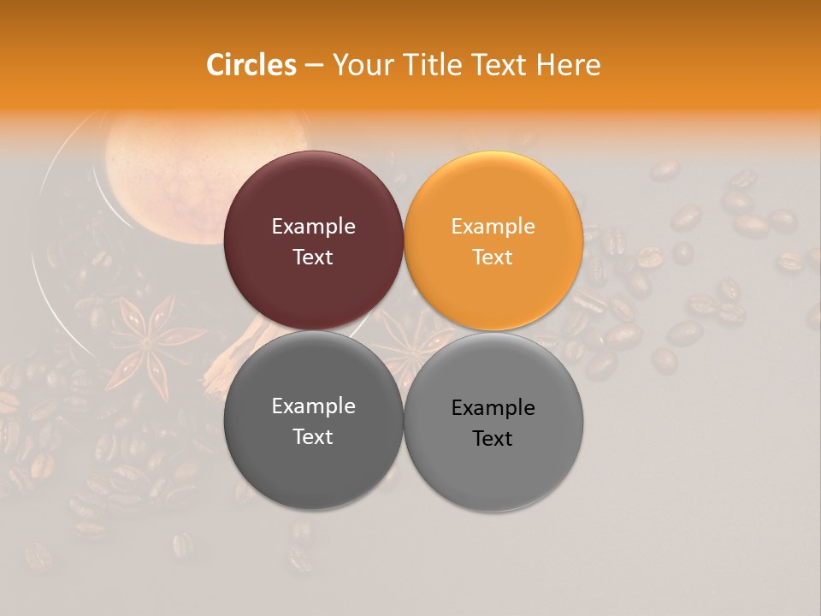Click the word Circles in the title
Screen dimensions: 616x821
click(x=251, y=65)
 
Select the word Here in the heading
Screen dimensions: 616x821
click(x=570, y=65)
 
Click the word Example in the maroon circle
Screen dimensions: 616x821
click(x=313, y=227)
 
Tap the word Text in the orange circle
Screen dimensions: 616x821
click(x=493, y=258)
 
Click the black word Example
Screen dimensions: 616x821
click(x=493, y=408)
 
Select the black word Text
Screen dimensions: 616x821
click(x=493, y=439)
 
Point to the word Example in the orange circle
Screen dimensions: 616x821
click(x=493, y=227)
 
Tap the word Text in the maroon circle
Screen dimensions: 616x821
click(x=313, y=258)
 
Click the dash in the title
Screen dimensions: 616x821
click(x=314, y=65)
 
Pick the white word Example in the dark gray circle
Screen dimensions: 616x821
click(x=313, y=406)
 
